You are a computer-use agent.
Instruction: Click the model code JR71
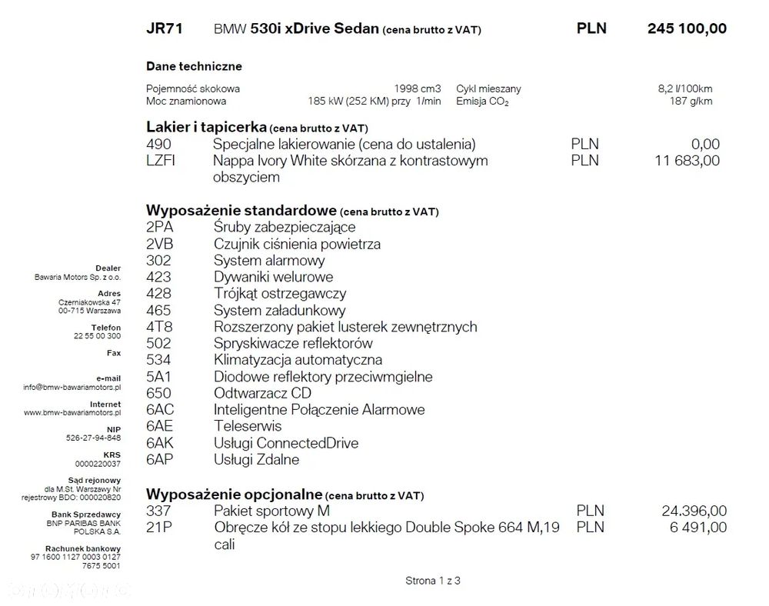(x=164, y=29)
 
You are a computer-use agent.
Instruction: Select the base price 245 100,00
(x=687, y=29)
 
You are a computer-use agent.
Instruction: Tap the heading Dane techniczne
(x=194, y=67)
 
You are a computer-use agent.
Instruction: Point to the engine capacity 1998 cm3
(x=418, y=88)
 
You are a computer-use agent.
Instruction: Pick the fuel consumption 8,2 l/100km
(x=684, y=88)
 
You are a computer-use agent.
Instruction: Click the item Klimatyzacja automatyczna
(x=298, y=360)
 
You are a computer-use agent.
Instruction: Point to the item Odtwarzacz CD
(x=262, y=393)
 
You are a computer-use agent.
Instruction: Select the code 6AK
(x=160, y=443)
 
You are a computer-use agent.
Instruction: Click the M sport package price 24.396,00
(x=694, y=511)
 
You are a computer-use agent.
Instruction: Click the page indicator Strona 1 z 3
(x=433, y=581)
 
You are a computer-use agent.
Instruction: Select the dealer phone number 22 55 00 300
(x=97, y=336)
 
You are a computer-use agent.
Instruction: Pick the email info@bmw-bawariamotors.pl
(x=72, y=387)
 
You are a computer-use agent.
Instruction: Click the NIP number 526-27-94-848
(x=93, y=438)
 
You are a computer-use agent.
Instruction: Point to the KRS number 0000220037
(x=99, y=464)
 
